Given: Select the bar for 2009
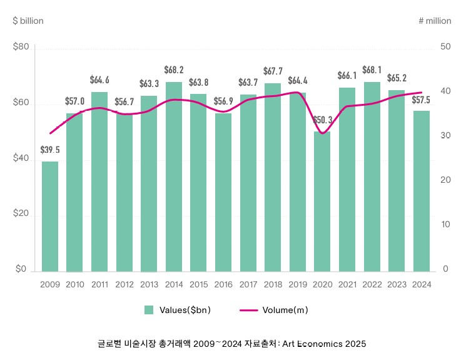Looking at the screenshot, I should pos(50,216).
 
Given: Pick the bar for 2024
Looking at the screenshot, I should pos(421,191).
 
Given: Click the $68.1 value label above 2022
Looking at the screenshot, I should pos(372,69).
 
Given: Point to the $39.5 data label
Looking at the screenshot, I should pos(50,150).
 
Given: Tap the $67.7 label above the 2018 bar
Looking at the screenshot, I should pos(273,71).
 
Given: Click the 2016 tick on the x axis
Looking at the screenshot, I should pos(223,285).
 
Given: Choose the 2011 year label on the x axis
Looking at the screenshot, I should pos(99,285).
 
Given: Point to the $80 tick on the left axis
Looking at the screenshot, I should pos(21,48).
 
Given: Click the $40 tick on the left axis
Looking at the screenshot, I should pos(21,159).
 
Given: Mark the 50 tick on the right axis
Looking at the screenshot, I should pos(445,48).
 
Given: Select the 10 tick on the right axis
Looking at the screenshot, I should pos(445,225).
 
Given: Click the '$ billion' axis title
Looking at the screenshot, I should pos(28,21).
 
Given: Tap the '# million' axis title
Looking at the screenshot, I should pos(435,21).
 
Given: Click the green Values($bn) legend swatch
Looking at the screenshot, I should pos(149,310).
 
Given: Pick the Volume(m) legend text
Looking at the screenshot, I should pos(285,310).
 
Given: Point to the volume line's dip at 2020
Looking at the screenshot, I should pos(322,133).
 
